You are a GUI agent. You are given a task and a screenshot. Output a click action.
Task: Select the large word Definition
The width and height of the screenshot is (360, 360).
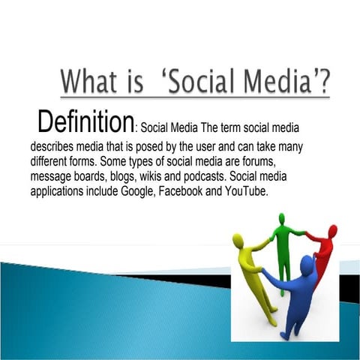pos(85,121)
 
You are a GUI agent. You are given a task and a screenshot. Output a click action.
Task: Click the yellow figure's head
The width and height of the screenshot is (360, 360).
pos(238,240)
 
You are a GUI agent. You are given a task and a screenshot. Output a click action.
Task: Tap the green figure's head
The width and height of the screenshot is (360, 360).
pos(281,219)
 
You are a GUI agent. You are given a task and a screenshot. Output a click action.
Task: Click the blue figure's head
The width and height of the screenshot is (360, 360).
pos(307,263)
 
